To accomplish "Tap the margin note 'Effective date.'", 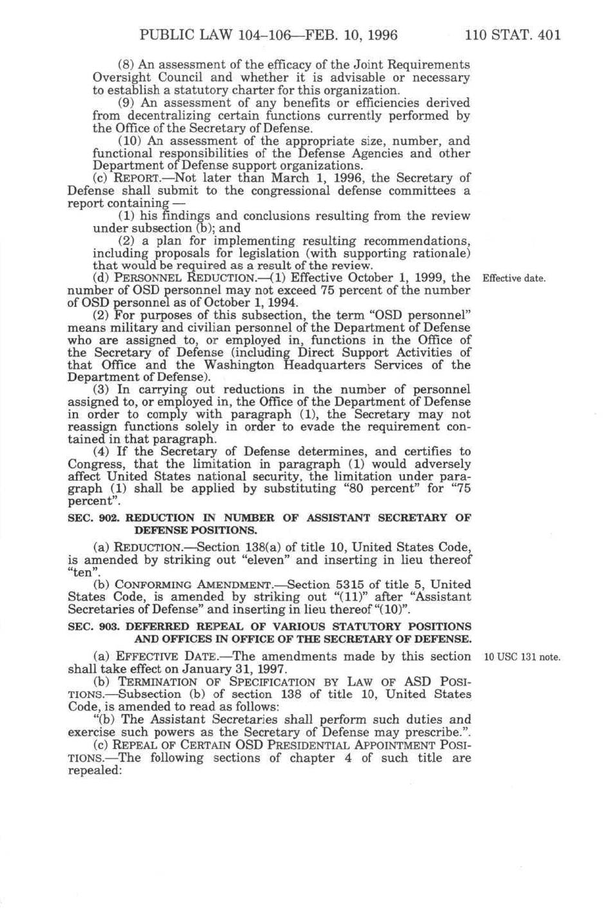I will [514, 279].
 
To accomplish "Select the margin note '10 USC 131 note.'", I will [522, 657].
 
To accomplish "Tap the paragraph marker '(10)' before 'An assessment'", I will [130, 141].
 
